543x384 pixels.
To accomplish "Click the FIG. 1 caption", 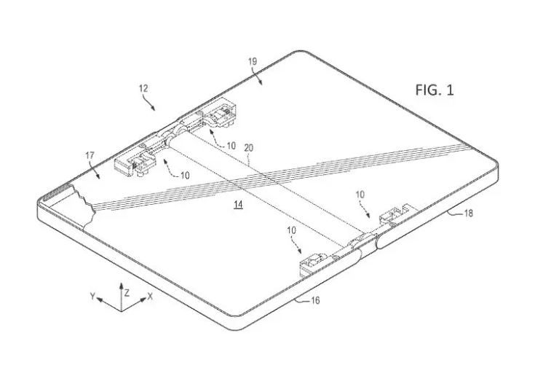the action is pyautogui.click(x=435, y=90).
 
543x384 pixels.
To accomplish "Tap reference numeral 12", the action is pyautogui.click(x=143, y=88).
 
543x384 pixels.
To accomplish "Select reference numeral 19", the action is pyautogui.click(x=253, y=61).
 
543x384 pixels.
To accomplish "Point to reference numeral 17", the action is pyautogui.click(x=90, y=156).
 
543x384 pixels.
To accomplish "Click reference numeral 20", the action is pyautogui.click(x=249, y=148).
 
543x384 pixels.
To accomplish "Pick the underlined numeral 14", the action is pyautogui.click(x=238, y=205).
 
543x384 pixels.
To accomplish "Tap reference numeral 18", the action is pyautogui.click(x=468, y=213).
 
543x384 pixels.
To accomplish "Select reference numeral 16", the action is pyautogui.click(x=314, y=300).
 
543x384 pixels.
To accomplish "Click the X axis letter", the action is pyautogui.click(x=150, y=296).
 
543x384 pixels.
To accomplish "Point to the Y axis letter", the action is pyautogui.click(x=92, y=296).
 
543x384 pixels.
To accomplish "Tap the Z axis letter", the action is pyautogui.click(x=127, y=293).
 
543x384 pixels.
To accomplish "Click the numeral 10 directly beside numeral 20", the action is pyautogui.click(x=231, y=146).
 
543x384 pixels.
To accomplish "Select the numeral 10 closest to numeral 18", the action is pyautogui.click(x=360, y=195).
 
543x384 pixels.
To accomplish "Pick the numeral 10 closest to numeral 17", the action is pyautogui.click(x=185, y=176).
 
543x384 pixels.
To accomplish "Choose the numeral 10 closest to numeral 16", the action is pyautogui.click(x=292, y=230).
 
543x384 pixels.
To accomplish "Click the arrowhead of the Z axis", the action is pyautogui.click(x=122, y=285).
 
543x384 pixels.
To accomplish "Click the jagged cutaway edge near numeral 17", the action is pyautogui.click(x=84, y=207).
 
